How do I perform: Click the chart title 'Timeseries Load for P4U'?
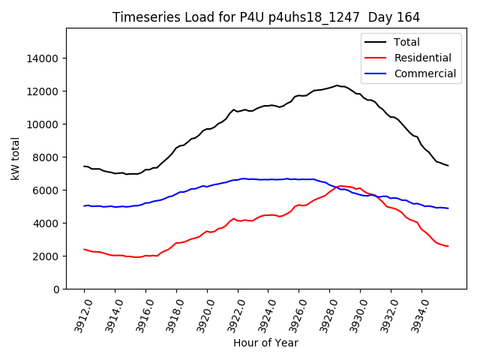pos(265,17)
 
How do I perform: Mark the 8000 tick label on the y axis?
pos(47,157)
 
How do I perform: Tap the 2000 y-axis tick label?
pos(47,256)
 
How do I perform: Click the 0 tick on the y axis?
pos(56,289)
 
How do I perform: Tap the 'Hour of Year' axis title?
pos(265,343)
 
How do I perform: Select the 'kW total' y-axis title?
pos(16,159)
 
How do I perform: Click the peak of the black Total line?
pos(337,85)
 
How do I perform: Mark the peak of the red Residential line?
pos(341,186)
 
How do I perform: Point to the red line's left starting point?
pos(84,249)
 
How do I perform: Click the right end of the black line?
pos(448,165)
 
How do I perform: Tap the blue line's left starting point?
pos(84,205)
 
